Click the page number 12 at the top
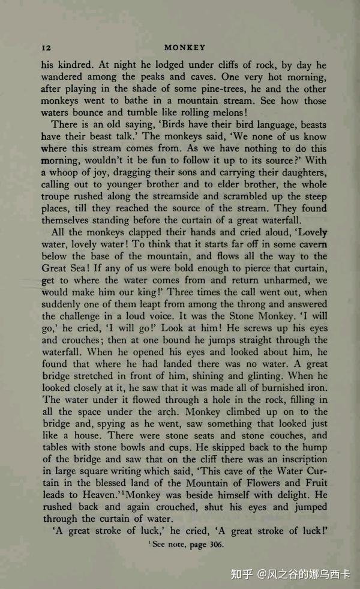46,47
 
